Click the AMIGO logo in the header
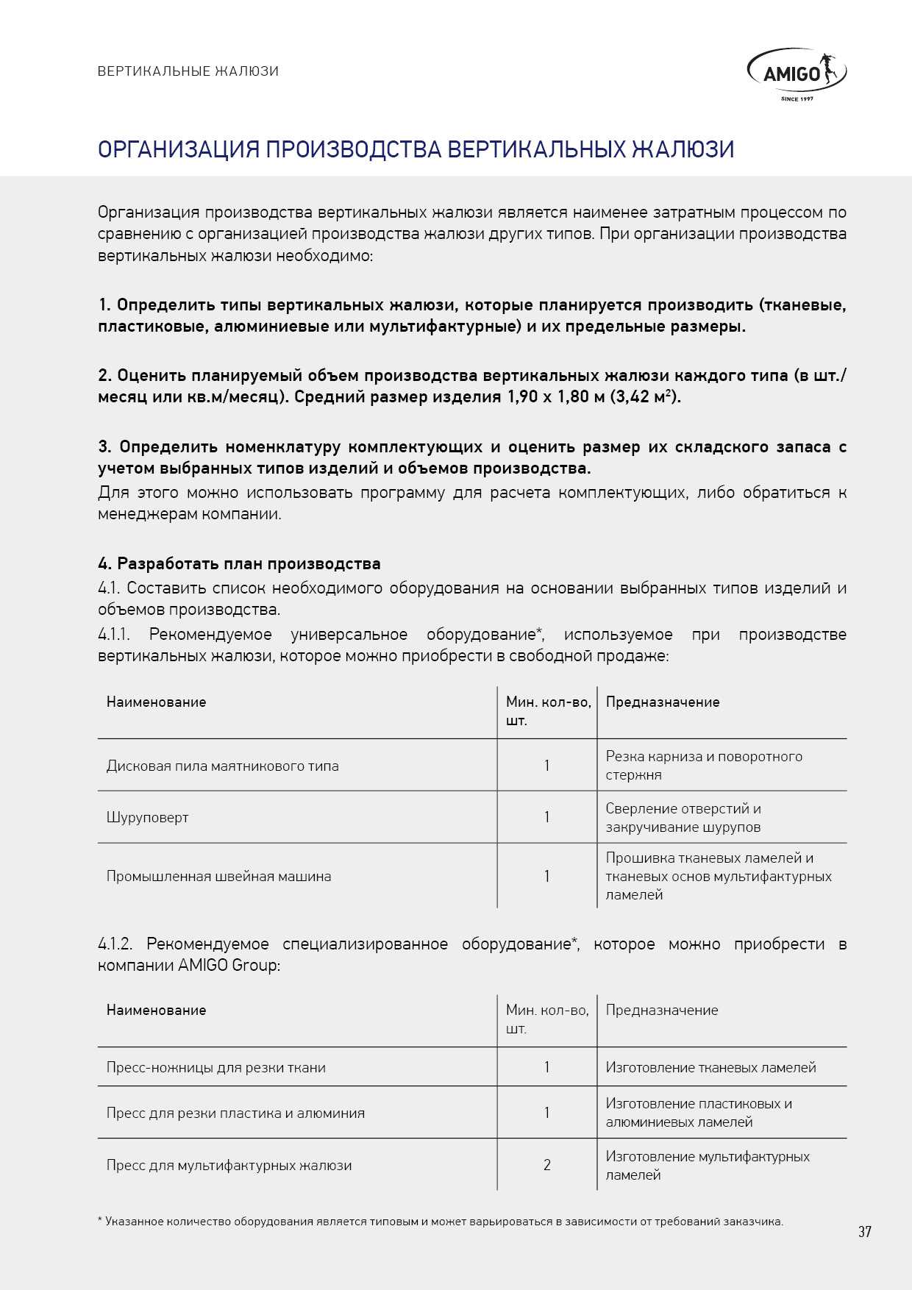point(797,74)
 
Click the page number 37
point(864,1231)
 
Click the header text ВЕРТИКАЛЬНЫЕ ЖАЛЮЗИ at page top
point(188,71)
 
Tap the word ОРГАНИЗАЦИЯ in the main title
point(179,149)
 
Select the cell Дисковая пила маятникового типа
point(222,766)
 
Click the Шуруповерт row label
point(147,817)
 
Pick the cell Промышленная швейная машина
point(218,876)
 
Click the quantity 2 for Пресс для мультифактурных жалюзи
point(546,1165)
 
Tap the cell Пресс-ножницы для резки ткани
point(215,1067)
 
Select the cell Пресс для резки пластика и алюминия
point(235,1113)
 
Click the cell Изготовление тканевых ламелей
point(710,1067)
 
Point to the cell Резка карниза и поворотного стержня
point(703,765)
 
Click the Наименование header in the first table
point(156,702)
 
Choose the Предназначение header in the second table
point(661,1010)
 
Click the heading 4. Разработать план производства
point(239,564)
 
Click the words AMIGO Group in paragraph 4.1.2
point(229,965)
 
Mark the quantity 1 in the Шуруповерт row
point(546,817)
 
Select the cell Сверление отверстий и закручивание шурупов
point(683,817)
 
